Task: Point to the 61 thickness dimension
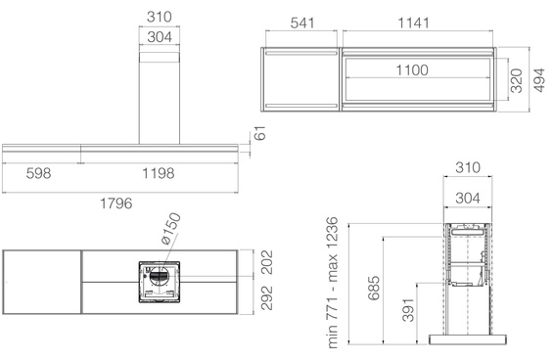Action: pos(260,135)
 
